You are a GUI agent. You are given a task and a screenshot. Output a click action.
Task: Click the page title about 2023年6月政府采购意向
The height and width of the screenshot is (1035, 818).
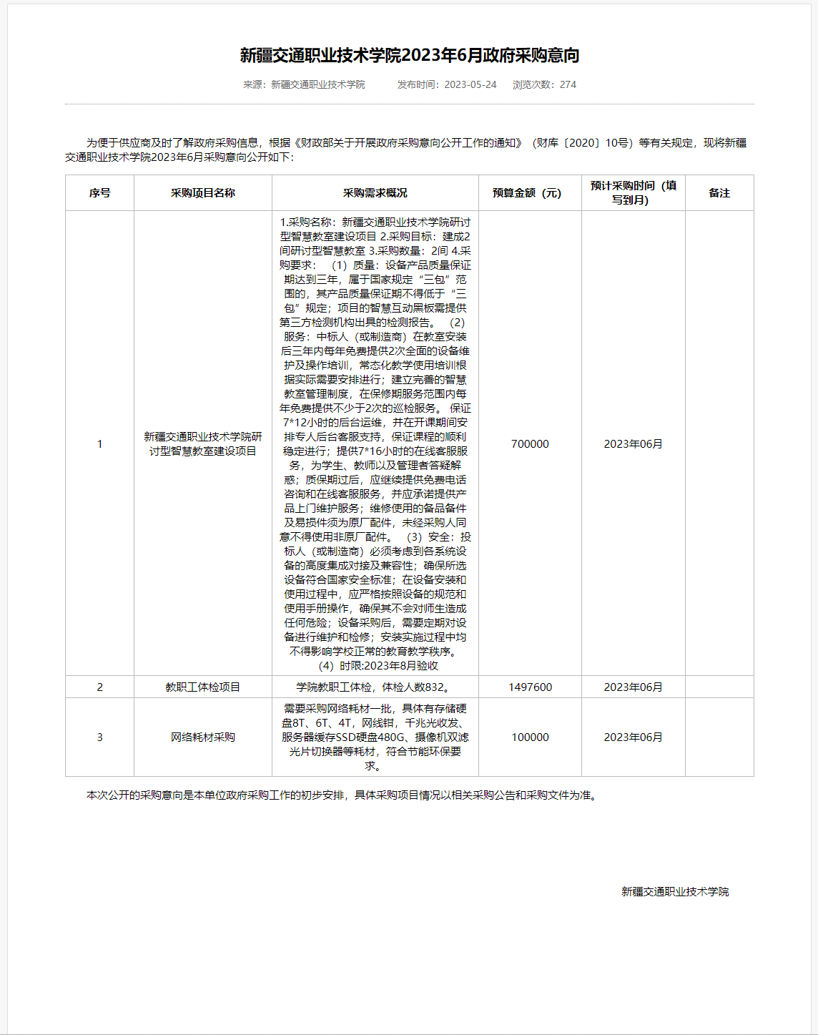coord(409,55)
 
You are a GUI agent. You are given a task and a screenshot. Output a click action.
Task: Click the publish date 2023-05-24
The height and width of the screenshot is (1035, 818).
coord(470,84)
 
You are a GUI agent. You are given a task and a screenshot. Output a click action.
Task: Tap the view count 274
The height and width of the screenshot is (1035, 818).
coord(568,84)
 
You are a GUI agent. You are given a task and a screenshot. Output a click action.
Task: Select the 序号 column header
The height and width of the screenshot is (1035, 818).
coord(99,193)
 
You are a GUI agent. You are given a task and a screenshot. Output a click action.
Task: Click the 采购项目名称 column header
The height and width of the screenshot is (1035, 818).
coord(203,193)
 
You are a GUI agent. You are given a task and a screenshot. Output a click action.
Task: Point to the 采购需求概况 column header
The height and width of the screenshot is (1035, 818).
coord(375,193)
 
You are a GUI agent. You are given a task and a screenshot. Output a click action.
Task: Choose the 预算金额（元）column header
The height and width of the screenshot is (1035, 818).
coord(530,193)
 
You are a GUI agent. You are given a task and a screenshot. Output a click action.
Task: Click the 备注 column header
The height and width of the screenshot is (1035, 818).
coord(719,193)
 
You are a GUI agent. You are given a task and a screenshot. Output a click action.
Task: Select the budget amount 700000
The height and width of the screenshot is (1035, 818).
coord(530,444)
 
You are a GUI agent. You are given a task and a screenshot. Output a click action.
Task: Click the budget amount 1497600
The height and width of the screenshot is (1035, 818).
coord(530,687)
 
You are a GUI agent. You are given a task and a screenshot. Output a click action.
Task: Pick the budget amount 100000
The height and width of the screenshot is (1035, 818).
coord(530,737)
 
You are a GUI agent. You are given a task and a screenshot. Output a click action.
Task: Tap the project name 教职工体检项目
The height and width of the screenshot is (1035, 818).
coord(203,687)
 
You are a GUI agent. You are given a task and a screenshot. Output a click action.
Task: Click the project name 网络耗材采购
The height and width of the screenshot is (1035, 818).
coord(203,737)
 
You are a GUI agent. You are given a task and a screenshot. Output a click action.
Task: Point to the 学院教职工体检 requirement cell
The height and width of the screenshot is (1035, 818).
coord(375,687)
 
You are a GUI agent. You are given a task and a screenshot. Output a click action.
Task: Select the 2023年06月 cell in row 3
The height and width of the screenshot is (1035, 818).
coord(633,737)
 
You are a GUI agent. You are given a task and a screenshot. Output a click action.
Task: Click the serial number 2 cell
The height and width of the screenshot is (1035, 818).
coord(99,687)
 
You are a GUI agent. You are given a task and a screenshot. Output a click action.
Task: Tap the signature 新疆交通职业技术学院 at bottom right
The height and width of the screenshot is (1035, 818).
coord(675,892)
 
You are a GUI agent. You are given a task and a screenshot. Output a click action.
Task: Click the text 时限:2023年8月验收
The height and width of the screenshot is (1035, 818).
coord(388,666)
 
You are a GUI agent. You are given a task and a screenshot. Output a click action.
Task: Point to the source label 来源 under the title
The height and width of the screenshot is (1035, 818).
coord(253,84)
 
